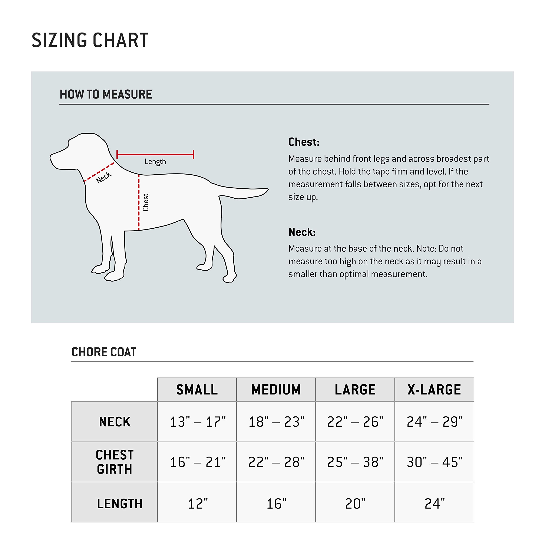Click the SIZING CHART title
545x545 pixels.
point(90,40)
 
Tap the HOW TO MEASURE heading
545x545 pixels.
point(106,94)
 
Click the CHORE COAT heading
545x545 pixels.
point(104,352)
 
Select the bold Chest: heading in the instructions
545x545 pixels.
point(304,142)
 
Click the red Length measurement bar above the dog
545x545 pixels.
point(155,154)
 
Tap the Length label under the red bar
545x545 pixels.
point(155,162)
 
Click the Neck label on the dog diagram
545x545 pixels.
point(103,177)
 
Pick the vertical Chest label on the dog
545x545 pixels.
point(146,202)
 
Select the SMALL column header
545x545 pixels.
point(197,390)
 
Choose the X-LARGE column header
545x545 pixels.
point(434,390)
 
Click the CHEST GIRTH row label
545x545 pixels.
point(115,462)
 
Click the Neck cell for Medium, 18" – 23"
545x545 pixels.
point(276,422)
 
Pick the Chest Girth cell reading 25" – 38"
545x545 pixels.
point(355,462)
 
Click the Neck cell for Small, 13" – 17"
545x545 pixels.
point(198,422)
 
